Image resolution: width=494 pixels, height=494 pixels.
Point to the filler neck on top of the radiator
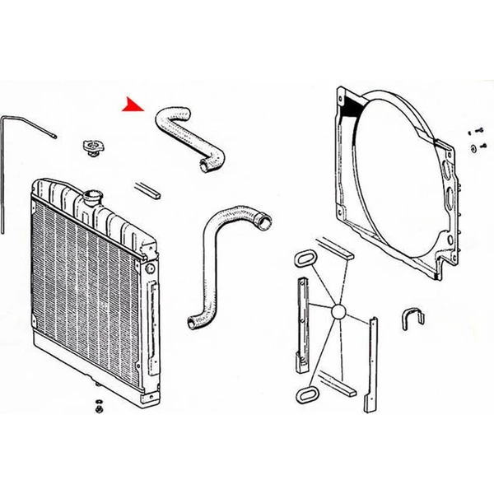(x=91, y=199)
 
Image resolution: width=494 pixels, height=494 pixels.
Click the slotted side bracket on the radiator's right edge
(x=153, y=313)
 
